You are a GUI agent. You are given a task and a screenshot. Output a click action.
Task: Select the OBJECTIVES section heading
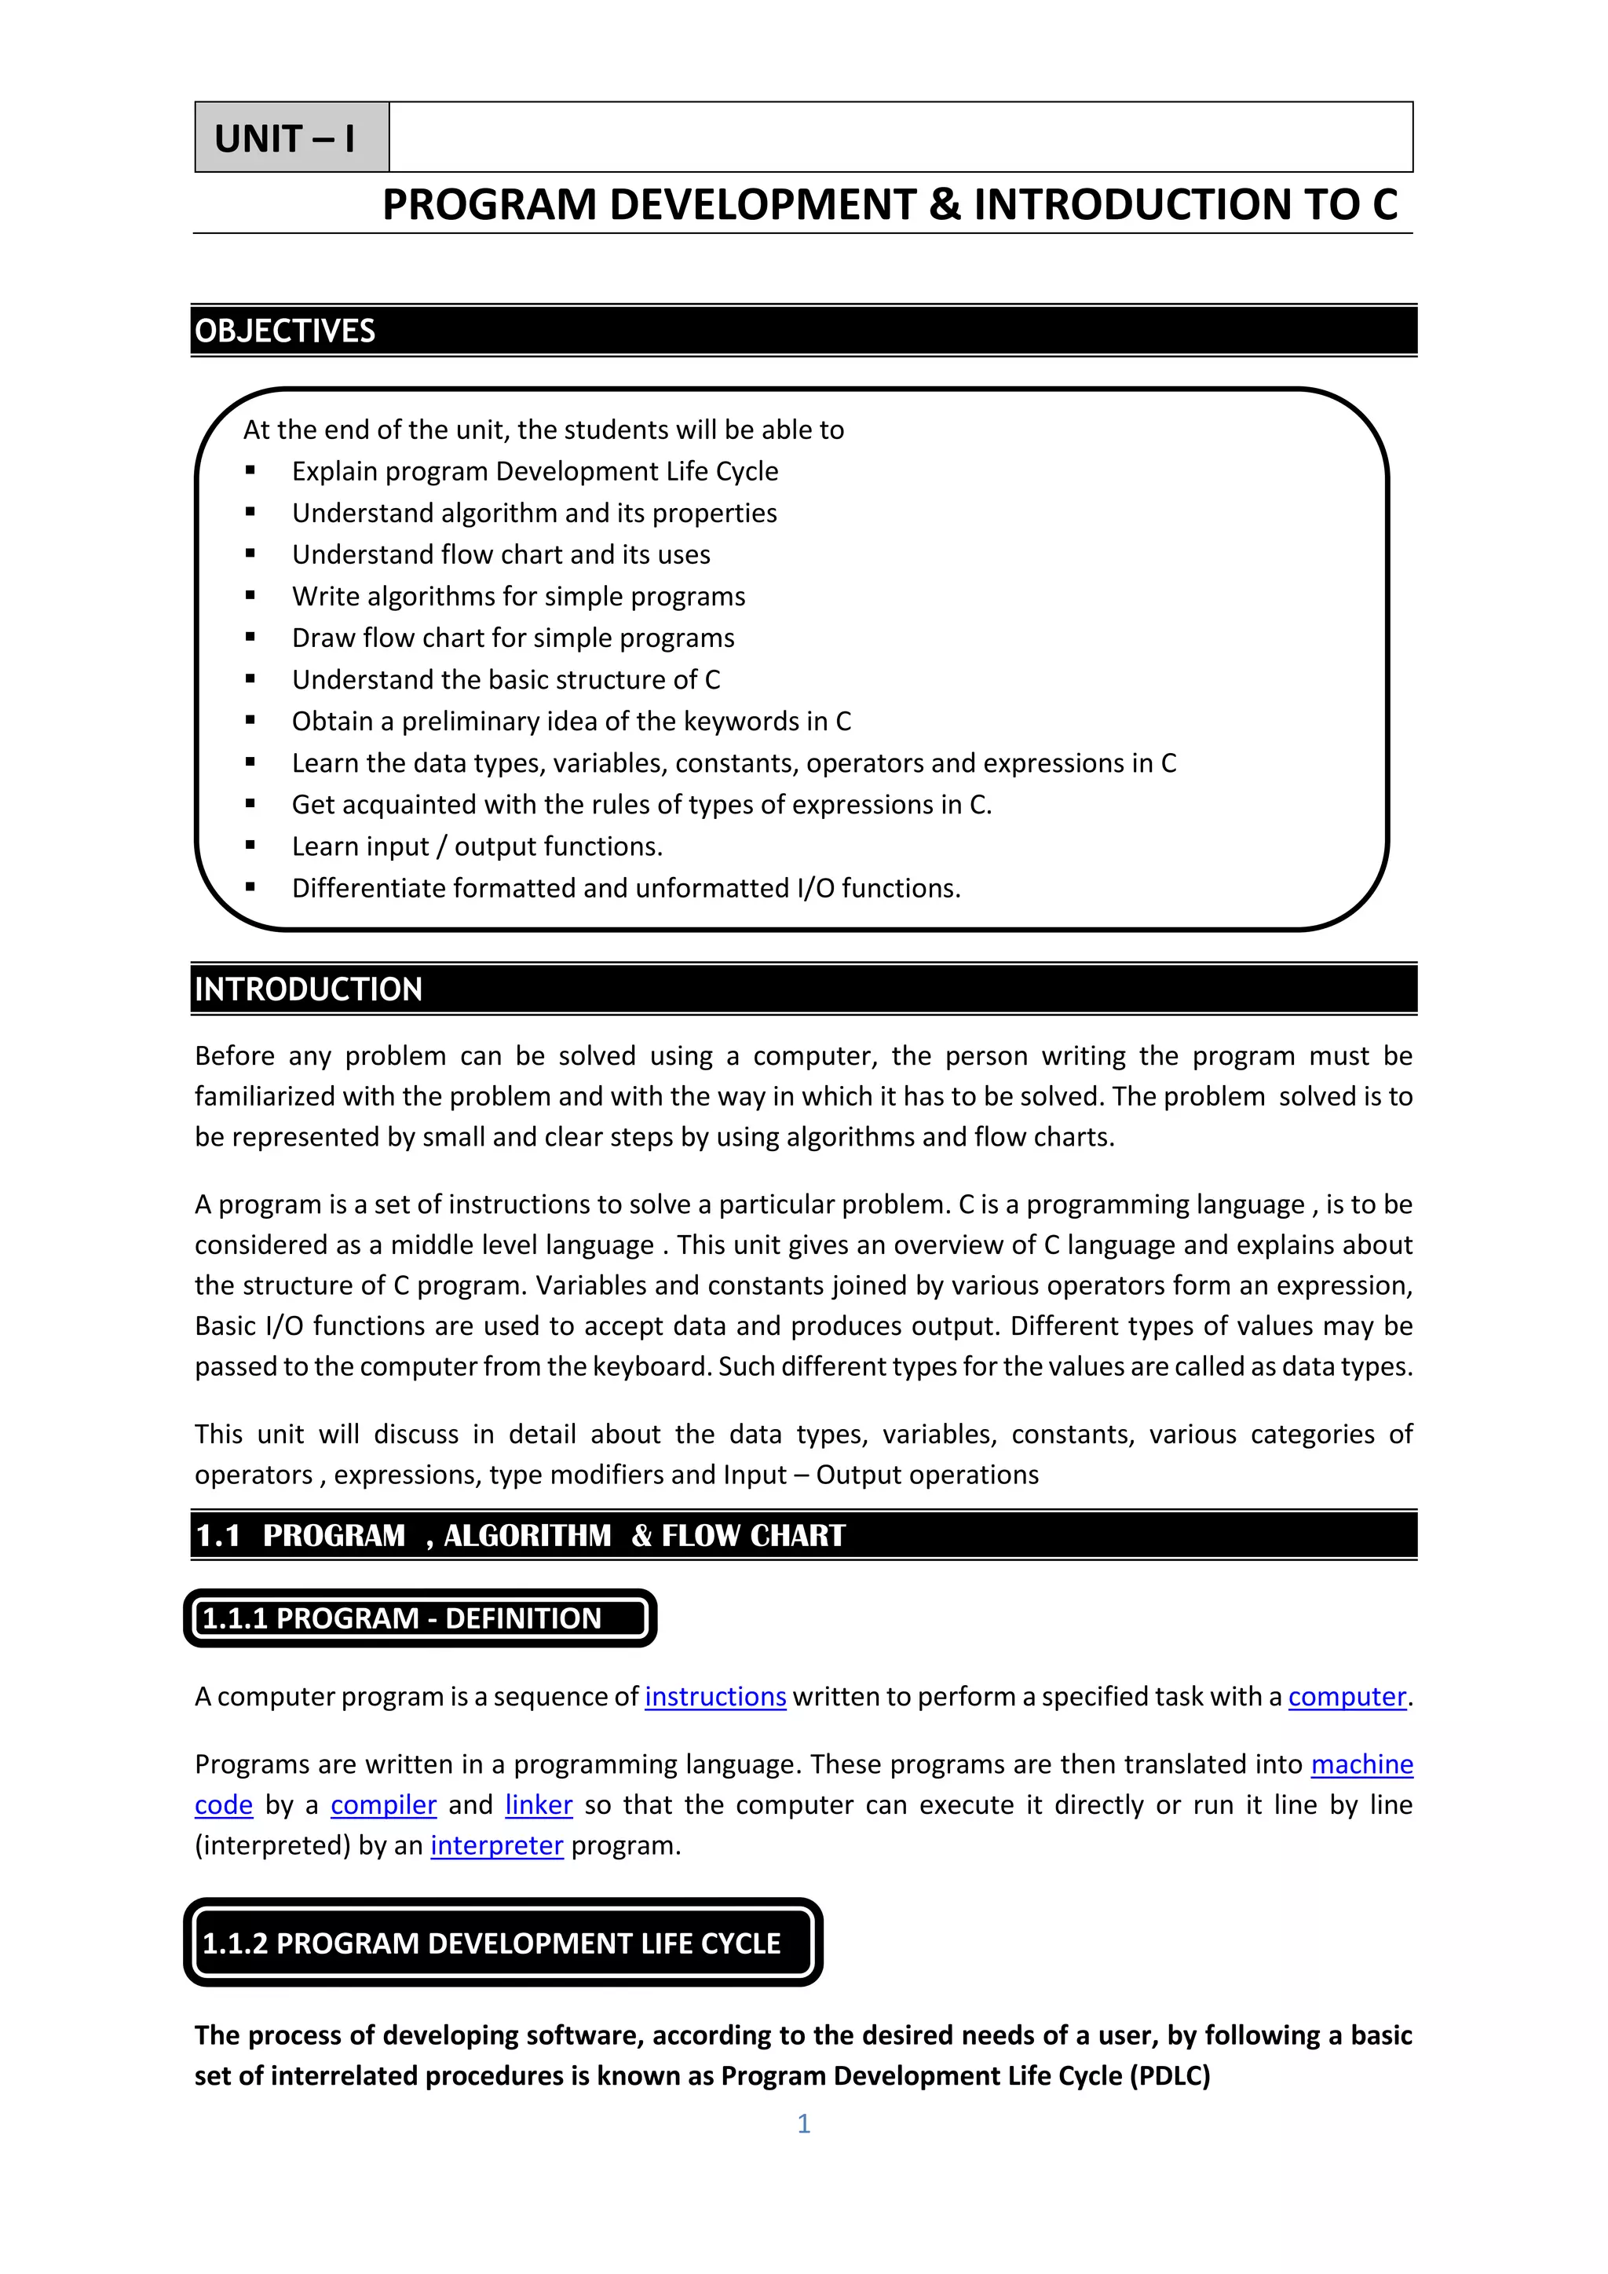(x=285, y=331)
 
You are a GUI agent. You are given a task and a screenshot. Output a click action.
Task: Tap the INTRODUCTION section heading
(x=308, y=989)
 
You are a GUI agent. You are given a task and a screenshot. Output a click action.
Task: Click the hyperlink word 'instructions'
(x=715, y=1697)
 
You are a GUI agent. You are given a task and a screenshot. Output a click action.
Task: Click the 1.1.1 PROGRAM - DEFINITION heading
(x=401, y=1618)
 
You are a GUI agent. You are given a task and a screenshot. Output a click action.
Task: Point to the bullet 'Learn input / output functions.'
(x=477, y=846)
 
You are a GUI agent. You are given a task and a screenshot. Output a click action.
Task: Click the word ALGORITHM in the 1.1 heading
(x=527, y=1535)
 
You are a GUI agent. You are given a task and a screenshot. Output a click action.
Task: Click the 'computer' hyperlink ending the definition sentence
(x=1347, y=1697)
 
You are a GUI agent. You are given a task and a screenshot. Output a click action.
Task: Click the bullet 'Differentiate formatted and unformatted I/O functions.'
(x=626, y=887)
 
